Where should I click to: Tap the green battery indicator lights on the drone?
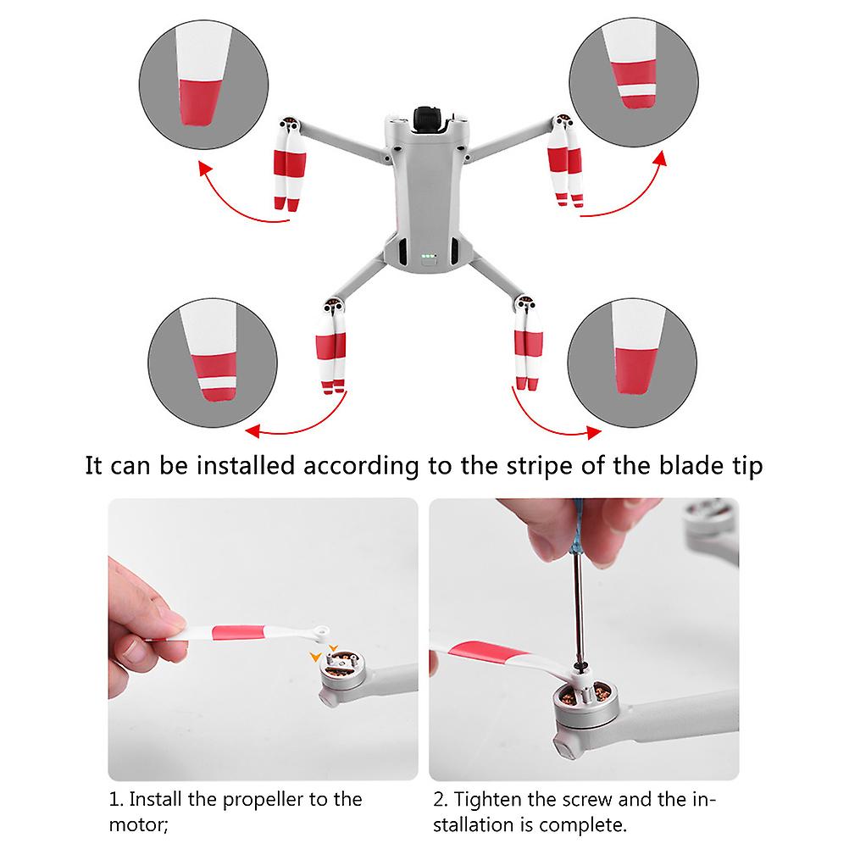[428, 256]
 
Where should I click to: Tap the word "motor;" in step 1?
[139, 825]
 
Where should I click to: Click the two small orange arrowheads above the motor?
[324, 653]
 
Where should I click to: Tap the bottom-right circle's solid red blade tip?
[635, 371]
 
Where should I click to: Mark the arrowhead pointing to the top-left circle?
[205, 168]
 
